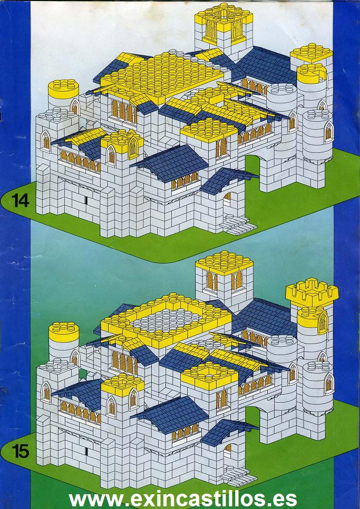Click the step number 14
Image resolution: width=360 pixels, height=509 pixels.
(x=21, y=201)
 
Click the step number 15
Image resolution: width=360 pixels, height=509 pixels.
(x=21, y=451)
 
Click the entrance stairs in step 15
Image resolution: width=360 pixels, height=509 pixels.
(x=237, y=476)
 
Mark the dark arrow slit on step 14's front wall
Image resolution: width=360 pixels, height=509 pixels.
(x=86, y=200)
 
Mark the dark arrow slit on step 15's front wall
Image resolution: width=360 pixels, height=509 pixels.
(x=86, y=451)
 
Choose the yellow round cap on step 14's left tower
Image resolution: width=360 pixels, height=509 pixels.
(x=63, y=89)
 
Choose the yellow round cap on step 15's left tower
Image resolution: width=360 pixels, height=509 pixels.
(x=64, y=332)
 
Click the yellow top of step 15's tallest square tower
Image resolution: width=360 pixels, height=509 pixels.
(x=224, y=262)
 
